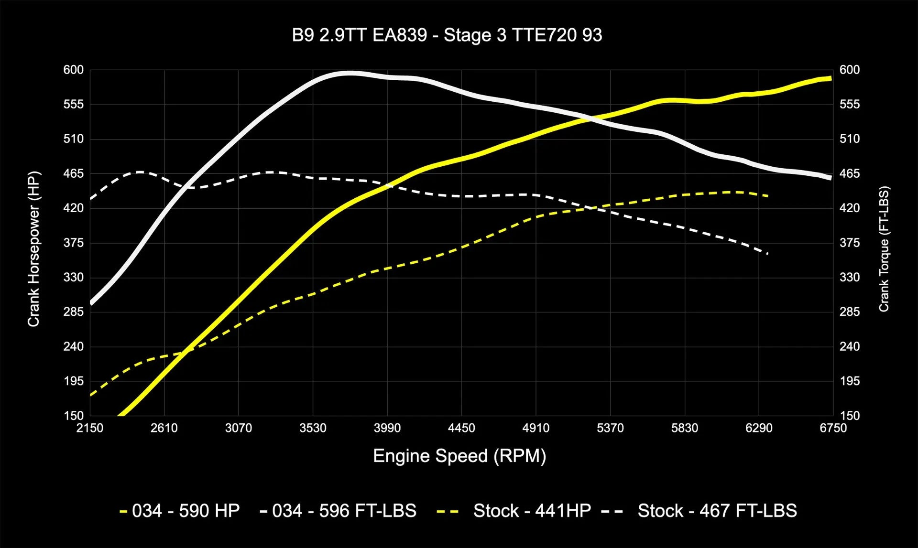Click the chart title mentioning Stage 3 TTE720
[447, 35]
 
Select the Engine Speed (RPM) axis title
[459, 456]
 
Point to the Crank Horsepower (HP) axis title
[33, 248]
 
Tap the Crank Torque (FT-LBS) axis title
[884, 248]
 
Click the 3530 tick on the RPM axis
[313, 428]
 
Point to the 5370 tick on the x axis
[610, 428]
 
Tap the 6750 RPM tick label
[833, 428]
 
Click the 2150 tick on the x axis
[90, 428]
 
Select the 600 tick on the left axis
[73, 70]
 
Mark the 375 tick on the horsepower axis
[73, 243]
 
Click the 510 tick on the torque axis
[850, 139]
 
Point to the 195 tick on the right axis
[850, 381]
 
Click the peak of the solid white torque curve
[350, 73]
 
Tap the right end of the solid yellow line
[831, 78]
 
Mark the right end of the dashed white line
[767, 254]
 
